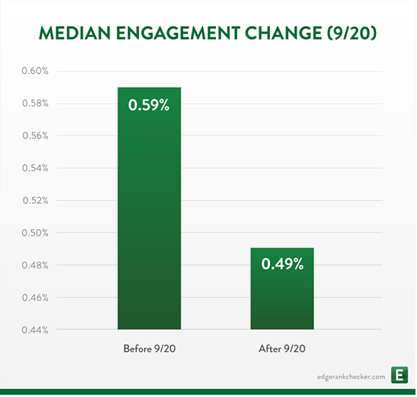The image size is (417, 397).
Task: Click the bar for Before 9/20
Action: pyautogui.click(x=149, y=208)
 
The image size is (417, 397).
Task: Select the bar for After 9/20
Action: pyautogui.click(x=282, y=289)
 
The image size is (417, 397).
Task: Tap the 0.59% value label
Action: pyautogui.click(x=148, y=105)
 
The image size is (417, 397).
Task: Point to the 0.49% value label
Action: pyautogui.click(x=282, y=264)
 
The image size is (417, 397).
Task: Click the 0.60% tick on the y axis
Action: pyautogui.click(x=35, y=71)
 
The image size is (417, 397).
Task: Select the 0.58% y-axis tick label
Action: pyautogui.click(x=35, y=103)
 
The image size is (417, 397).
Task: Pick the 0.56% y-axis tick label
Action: pyautogui.click(x=35, y=135)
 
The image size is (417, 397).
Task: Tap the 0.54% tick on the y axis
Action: pyautogui.click(x=35, y=168)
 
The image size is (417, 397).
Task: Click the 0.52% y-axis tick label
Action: pyautogui.click(x=35, y=200)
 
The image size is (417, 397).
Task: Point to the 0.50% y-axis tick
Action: pyautogui.click(x=35, y=233)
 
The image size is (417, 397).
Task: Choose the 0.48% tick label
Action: pyautogui.click(x=35, y=265)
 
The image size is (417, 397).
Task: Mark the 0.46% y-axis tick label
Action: pyautogui.click(x=35, y=298)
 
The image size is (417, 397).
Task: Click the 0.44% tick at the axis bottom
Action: pyautogui.click(x=35, y=330)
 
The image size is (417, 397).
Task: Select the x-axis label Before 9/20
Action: pyautogui.click(x=150, y=349)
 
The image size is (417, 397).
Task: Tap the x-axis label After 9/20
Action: pyautogui.click(x=282, y=349)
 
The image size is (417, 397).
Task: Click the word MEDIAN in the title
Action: pyautogui.click(x=75, y=33)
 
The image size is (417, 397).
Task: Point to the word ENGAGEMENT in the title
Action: pyautogui.click(x=178, y=33)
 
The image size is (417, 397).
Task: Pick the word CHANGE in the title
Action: pyautogui.click(x=284, y=33)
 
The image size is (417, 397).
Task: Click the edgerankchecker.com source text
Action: pyautogui.click(x=351, y=377)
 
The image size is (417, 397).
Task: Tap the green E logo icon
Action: pyautogui.click(x=399, y=375)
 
